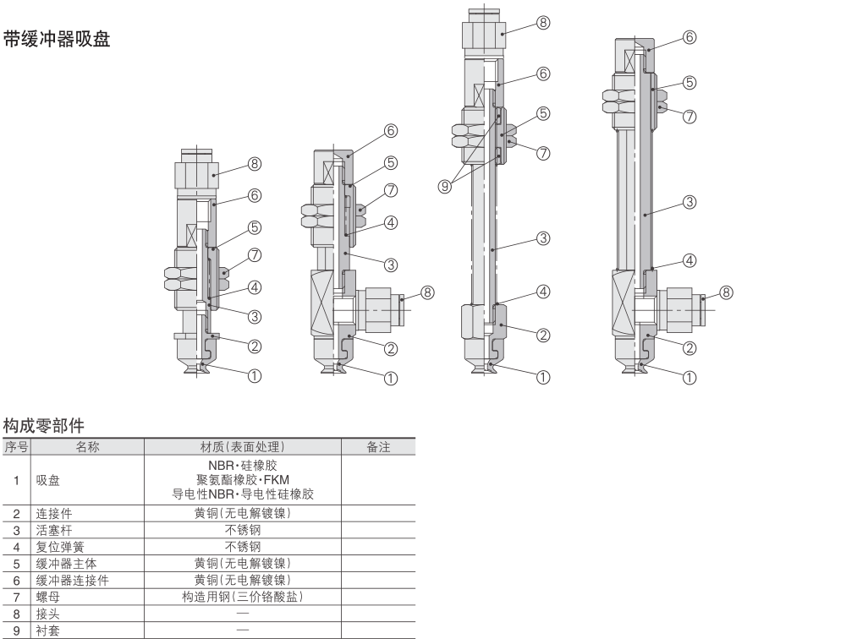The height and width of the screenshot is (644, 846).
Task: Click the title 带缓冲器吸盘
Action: point(57,40)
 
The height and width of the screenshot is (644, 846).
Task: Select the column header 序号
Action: point(15,446)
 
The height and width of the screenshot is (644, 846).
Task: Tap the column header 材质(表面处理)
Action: point(243,446)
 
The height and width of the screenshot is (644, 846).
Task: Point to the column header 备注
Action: point(378,446)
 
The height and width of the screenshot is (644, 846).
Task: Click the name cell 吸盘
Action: point(47,480)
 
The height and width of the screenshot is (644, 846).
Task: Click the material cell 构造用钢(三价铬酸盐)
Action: point(243,597)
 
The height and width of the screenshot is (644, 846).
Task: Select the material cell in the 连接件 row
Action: point(243,514)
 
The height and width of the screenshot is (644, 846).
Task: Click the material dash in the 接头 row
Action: point(243,614)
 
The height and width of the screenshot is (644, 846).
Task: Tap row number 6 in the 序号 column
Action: point(15,580)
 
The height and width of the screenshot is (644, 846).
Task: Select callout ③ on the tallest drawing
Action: point(544,238)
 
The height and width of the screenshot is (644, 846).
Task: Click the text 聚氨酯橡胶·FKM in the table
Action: point(243,480)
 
